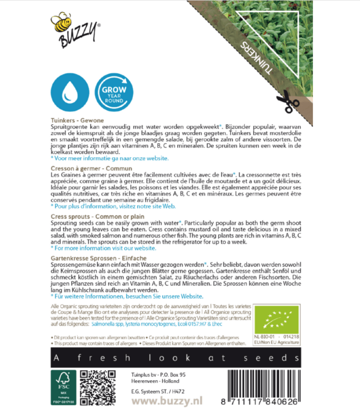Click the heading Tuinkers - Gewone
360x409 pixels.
tap(77, 120)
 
